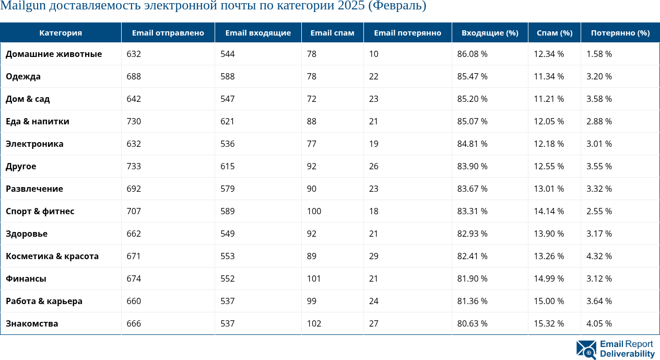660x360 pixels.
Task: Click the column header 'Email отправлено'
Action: pos(168,33)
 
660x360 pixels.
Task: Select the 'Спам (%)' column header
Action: pos(555,33)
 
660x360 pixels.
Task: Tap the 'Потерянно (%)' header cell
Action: pos(620,33)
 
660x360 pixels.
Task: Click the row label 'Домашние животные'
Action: pos(54,54)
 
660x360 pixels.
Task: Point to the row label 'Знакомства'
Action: pos(32,324)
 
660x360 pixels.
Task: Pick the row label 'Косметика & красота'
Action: pos(52,257)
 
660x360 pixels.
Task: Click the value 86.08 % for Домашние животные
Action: pos(472,54)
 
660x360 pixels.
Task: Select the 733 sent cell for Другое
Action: pos(134,167)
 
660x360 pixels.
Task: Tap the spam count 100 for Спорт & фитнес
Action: pos(314,212)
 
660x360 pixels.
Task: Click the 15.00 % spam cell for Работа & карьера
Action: pos(549,301)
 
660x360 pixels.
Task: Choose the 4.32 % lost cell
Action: pos(599,257)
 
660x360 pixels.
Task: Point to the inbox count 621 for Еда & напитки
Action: pos(227,122)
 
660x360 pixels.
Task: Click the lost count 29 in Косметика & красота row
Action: pos(374,257)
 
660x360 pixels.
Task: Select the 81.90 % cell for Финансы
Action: pos(472,279)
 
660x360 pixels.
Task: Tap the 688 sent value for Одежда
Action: pos(134,77)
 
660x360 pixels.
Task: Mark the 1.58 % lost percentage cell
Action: pos(599,54)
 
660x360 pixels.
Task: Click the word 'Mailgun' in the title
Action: pos(24,6)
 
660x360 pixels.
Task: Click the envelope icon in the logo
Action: pos(586,350)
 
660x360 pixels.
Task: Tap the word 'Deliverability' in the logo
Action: pos(627,354)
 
